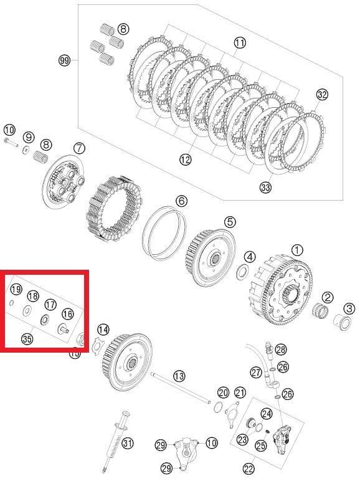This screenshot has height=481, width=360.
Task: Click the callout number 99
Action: [64, 60]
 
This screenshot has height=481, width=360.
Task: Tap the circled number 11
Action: [240, 43]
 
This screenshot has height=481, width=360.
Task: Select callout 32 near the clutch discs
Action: [321, 95]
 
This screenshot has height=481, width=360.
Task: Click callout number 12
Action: [186, 160]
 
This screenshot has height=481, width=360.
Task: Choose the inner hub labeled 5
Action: [209, 252]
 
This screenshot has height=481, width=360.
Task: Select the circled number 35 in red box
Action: [27, 339]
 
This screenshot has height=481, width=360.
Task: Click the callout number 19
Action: [16, 289]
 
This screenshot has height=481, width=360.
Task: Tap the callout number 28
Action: [281, 349]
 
